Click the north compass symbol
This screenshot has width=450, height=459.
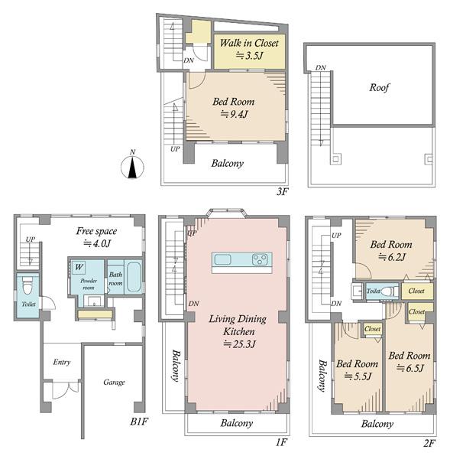point(132,167)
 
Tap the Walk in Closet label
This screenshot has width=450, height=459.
point(249,43)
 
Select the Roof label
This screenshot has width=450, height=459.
point(379,87)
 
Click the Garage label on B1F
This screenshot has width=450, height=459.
point(114,382)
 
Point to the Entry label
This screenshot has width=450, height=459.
point(62,362)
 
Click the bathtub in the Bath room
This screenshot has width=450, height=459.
point(134,277)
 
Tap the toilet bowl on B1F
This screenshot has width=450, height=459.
point(27,286)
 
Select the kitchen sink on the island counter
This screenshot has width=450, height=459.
point(223,259)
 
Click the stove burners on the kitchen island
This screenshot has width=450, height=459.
point(260,259)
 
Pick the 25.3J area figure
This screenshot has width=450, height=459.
point(239,344)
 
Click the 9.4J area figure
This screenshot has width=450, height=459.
point(234,114)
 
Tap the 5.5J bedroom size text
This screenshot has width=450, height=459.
point(358,376)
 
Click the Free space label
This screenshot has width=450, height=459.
point(96,231)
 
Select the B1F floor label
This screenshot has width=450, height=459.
point(139,422)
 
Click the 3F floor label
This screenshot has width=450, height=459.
point(282,191)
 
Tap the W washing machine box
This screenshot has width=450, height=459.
point(79,267)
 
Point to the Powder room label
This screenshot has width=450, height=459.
point(89,284)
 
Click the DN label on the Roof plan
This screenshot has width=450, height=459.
point(320,67)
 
